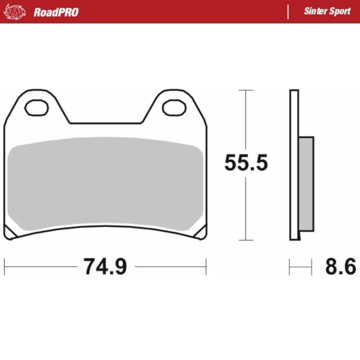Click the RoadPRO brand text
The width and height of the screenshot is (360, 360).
point(56,12)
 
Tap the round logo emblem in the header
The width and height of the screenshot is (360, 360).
point(15,12)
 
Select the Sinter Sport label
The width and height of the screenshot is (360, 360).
point(327,11)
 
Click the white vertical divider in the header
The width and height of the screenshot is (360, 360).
point(288,12)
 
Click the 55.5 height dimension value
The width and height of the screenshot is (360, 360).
point(246,163)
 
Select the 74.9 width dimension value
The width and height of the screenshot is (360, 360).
point(105,267)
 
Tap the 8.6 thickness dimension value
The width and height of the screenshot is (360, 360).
point(340,267)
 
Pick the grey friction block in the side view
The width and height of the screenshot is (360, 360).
point(306,184)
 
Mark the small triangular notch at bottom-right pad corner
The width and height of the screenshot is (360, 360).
point(201,233)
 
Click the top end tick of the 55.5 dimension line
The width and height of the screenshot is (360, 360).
point(246,90)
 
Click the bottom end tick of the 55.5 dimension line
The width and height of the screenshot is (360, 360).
point(246,240)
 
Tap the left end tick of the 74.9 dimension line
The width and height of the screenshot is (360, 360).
point(4,267)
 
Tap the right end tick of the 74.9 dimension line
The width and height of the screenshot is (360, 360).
point(206,267)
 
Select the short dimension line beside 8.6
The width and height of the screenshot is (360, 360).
point(300,267)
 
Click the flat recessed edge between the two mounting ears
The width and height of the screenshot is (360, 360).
point(105,123)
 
